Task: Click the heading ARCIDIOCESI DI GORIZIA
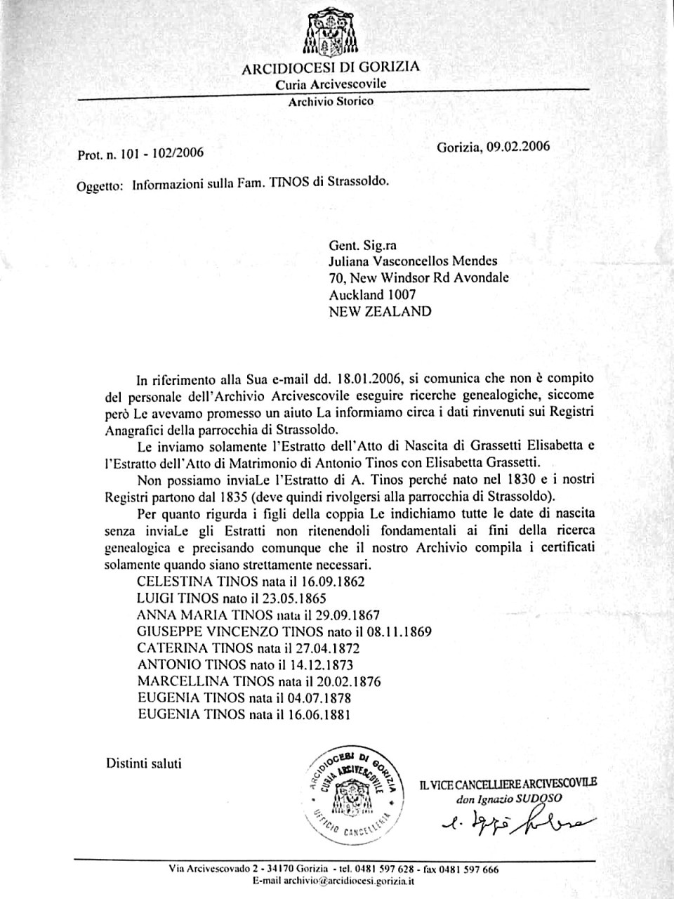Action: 331,68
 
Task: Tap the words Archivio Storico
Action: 331,101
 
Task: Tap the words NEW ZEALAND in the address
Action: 380,311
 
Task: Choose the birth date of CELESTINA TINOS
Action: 326,581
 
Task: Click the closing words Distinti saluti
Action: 144,763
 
